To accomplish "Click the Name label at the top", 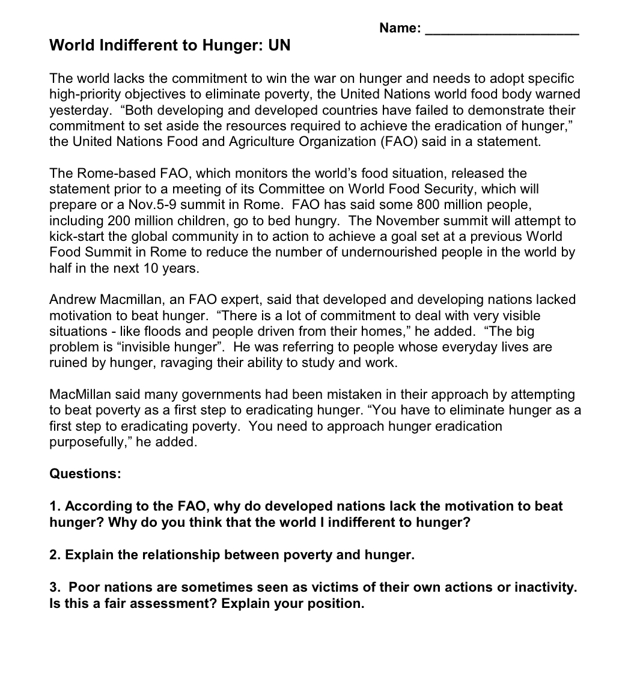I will [x=400, y=28].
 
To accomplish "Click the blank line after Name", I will [x=502, y=30].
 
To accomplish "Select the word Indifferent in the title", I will [x=131, y=46].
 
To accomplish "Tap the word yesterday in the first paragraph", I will [x=78, y=111].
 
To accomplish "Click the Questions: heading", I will [x=85, y=474].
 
